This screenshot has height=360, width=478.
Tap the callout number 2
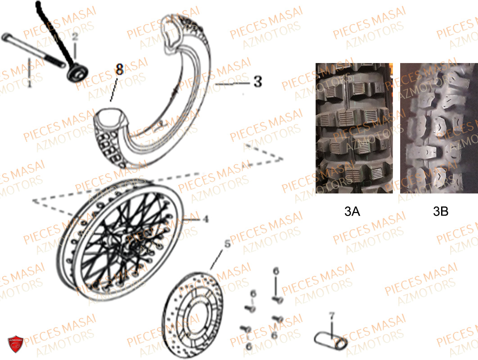point(75,36)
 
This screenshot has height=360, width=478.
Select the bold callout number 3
point(258,82)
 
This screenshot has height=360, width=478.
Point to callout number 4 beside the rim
point(206,219)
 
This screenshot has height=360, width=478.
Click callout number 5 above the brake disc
point(228,244)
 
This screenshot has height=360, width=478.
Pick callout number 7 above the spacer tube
point(332,315)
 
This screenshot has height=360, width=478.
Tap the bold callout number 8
point(119,69)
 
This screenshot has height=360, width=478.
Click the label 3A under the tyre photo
point(352,211)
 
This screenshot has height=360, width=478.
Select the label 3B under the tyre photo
point(441,211)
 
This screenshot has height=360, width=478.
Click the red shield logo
point(15,344)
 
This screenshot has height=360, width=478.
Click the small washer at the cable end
point(78,73)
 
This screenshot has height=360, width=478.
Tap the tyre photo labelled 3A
point(354,128)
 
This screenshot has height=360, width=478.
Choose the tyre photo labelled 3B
point(439,128)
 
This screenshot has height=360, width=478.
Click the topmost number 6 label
point(276,271)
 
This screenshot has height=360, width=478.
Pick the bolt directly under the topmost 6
point(277,300)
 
